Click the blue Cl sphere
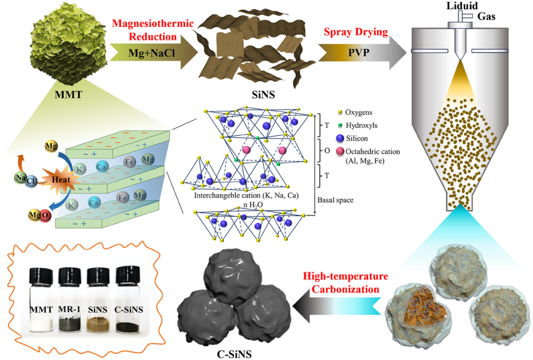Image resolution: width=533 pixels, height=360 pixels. tap(31, 181)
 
